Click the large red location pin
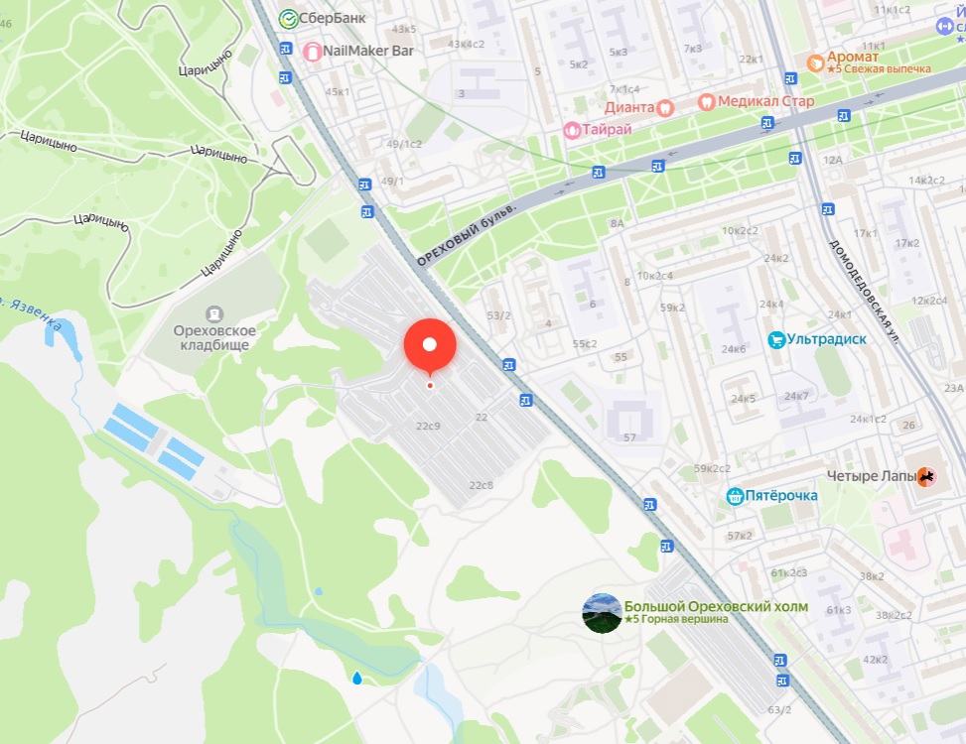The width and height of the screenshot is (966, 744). click(430, 346)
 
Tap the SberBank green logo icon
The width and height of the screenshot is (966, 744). click(288, 18)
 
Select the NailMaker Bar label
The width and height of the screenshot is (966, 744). click(368, 50)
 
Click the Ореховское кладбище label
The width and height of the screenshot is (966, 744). click(214, 338)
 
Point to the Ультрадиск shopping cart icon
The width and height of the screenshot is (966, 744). click(776, 339)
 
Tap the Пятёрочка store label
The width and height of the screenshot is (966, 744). click(781, 495)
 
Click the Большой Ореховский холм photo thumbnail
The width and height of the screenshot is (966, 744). click(602, 613)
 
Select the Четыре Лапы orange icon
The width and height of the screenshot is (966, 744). click(925, 477)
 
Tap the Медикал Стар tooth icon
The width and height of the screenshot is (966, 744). click(705, 101)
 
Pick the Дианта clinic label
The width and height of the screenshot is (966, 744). click(629, 106)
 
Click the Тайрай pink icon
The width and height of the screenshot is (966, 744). click(572, 130)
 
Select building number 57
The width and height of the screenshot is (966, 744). click(629, 437)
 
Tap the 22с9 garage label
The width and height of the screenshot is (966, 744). click(428, 426)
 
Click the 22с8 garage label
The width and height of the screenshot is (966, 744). click(481, 484)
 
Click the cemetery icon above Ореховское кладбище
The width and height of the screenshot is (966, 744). click(214, 313)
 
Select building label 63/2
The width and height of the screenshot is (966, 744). click(779, 709)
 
